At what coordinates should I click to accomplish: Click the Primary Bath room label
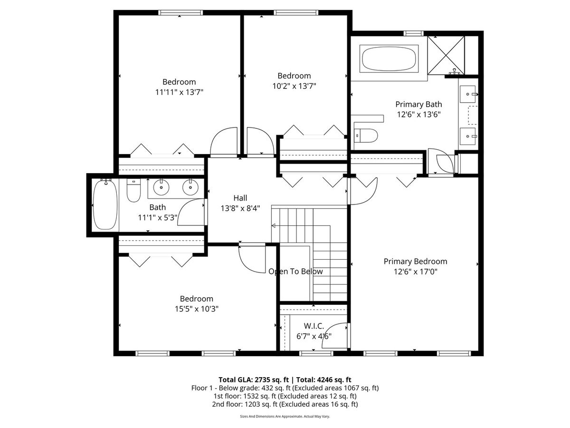pyautogui.click(x=418, y=104)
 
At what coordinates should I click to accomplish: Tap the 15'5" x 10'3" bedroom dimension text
pyautogui.click(x=196, y=309)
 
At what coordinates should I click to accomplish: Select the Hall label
pyautogui.click(x=240, y=198)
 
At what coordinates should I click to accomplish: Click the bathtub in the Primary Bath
pyautogui.click(x=389, y=58)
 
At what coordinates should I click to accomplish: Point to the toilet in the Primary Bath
pyautogui.click(x=366, y=136)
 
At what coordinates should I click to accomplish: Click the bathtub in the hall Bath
pyautogui.click(x=105, y=205)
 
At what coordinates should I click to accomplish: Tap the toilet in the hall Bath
pyautogui.click(x=133, y=190)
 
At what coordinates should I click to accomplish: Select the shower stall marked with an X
pyautogui.click(x=446, y=55)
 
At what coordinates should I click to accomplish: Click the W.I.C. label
pyautogui.click(x=313, y=326)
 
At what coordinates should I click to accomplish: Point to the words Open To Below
pyautogui.click(x=295, y=272)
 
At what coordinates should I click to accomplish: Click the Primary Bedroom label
pyautogui.click(x=415, y=262)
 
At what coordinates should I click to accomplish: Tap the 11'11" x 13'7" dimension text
pyautogui.click(x=179, y=92)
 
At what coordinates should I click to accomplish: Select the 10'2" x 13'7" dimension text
pyautogui.click(x=294, y=86)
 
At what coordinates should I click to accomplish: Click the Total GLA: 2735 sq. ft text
pyautogui.click(x=254, y=379)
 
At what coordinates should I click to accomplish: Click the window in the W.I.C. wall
pyautogui.click(x=316, y=353)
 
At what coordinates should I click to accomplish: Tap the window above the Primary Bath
pyautogui.click(x=413, y=33)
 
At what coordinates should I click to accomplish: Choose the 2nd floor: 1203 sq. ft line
pyautogui.click(x=285, y=404)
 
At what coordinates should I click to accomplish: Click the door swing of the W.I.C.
pyautogui.click(x=335, y=335)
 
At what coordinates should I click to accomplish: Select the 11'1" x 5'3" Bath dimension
pyautogui.click(x=158, y=217)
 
